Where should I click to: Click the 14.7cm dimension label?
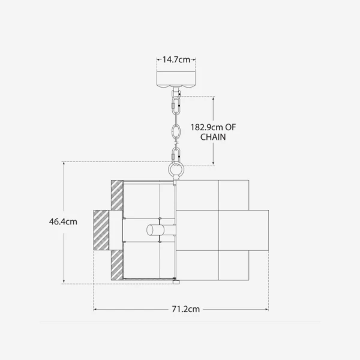click(176, 59)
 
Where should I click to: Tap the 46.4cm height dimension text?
click(63, 222)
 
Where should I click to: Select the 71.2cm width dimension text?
click(186, 309)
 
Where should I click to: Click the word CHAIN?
click(213, 137)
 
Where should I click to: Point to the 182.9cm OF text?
click(213, 127)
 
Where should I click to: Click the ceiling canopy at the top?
click(176, 79)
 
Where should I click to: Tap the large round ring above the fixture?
click(176, 170)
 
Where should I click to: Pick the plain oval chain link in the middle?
click(176, 131)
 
